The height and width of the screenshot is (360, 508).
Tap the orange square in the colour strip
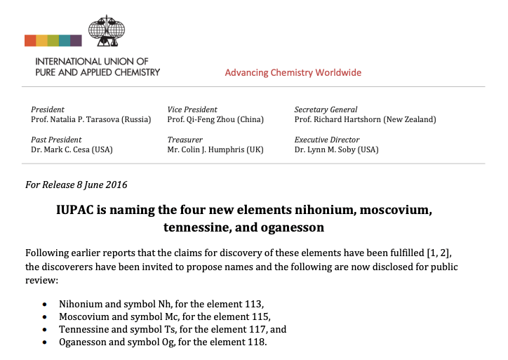point(30,40)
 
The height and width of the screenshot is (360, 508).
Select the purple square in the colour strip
point(75,40)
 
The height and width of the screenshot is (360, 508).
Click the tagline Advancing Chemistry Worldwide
point(293,73)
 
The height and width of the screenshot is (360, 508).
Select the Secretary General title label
point(326,109)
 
